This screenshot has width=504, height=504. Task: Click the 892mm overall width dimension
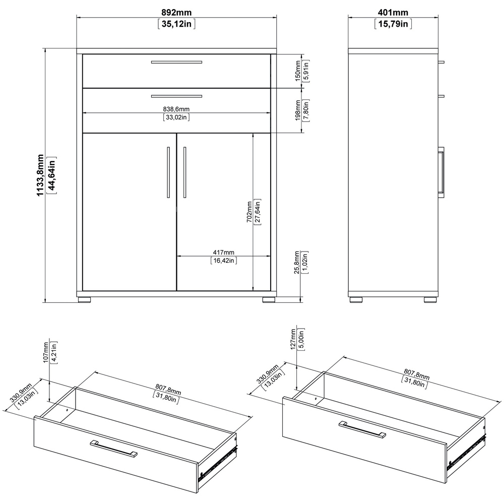pyautogui.click(x=176, y=13)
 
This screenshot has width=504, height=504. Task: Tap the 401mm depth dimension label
pyautogui.click(x=393, y=13)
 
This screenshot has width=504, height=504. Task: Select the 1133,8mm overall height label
pyautogui.click(x=40, y=175)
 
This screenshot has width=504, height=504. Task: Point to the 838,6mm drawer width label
pyautogui.click(x=176, y=109)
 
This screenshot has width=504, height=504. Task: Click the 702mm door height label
pyautogui.click(x=249, y=212)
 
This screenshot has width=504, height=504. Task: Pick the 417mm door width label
pyautogui.click(x=223, y=253)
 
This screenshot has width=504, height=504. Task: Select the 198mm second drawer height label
pyautogui.click(x=298, y=110)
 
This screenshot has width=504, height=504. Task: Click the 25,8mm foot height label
pyautogui.click(x=297, y=262)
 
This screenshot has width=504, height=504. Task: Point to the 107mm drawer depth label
pyautogui.click(x=46, y=352)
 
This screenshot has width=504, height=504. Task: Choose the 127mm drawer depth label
pyautogui.click(x=293, y=339)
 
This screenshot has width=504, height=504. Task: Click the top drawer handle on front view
pyautogui.click(x=176, y=62)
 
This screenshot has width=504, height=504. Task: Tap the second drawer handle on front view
pyautogui.click(x=176, y=96)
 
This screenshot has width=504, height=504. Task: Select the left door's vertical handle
pyautogui.click(x=168, y=172)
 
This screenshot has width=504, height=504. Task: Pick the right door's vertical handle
pyautogui.click(x=184, y=172)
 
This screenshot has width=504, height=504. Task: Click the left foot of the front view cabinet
pyautogui.click(x=85, y=299)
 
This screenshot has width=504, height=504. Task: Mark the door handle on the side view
pyautogui.click(x=441, y=172)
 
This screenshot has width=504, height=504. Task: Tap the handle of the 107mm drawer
pyautogui.click(x=113, y=448)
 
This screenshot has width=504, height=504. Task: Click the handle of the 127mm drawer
pyautogui.click(x=362, y=429)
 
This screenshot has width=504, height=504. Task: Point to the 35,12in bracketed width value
pyautogui.click(x=176, y=24)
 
